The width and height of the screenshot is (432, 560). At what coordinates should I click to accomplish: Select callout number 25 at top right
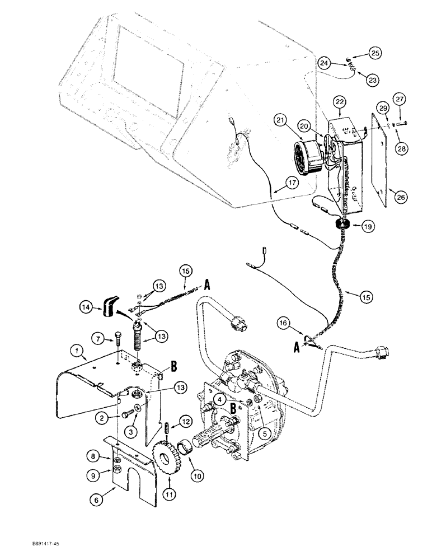tap(375, 54)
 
